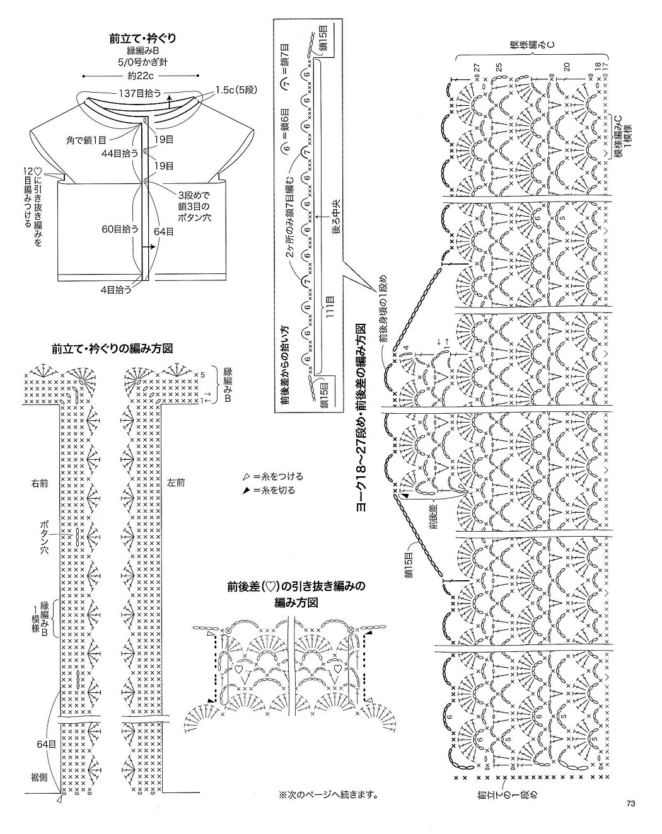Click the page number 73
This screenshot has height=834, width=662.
[630, 803]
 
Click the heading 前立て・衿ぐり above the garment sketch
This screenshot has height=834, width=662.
[141, 38]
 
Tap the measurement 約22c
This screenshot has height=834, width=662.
[141, 74]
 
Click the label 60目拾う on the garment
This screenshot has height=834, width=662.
[120, 228]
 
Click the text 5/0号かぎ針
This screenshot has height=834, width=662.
[141, 62]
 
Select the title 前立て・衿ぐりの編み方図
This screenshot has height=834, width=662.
[113, 348]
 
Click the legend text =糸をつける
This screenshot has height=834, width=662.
[272, 476]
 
